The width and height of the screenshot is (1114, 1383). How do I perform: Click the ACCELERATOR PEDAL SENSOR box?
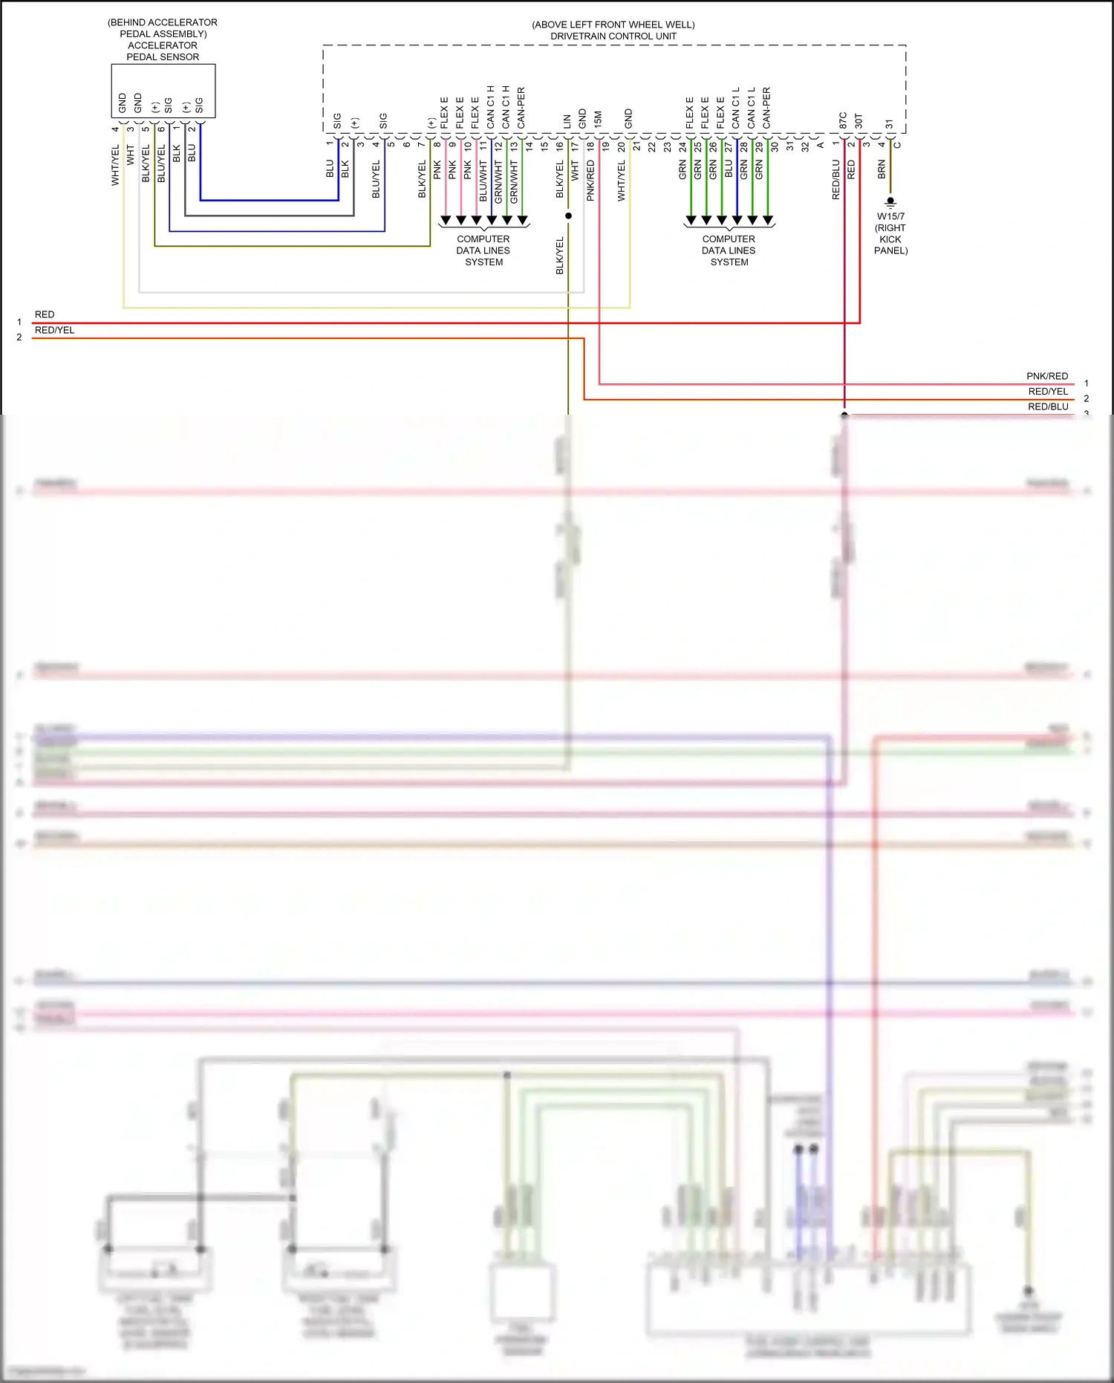point(163,91)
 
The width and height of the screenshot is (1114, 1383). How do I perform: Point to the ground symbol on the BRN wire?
point(890,201)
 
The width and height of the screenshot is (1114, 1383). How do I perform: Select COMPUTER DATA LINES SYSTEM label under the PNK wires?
point(483,250)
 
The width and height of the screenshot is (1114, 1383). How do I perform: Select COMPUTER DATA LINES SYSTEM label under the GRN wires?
point(729,250)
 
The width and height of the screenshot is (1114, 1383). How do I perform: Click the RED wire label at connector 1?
point(45,314)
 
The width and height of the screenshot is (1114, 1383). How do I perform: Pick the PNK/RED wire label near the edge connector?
point(1046,376)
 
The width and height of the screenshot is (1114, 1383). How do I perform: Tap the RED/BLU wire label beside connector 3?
point(1047,407)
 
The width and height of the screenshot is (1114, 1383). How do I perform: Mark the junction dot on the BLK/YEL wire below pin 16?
point(568,216)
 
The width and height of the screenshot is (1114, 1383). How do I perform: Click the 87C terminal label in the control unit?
point(843,120)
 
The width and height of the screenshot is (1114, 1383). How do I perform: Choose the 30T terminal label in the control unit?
point(859,120)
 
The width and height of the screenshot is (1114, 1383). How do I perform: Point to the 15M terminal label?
point(598,120)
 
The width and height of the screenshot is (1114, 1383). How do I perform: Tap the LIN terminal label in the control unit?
point(567,121)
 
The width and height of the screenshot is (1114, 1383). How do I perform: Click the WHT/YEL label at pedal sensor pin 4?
point(115,165)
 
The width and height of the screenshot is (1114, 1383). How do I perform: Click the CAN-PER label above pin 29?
point(766,108)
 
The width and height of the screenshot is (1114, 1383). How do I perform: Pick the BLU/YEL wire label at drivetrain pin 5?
point(376,178)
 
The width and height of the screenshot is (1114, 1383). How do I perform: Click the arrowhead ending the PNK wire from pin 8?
point(446,221)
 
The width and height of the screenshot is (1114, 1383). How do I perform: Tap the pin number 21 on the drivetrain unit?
point(636,146)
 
